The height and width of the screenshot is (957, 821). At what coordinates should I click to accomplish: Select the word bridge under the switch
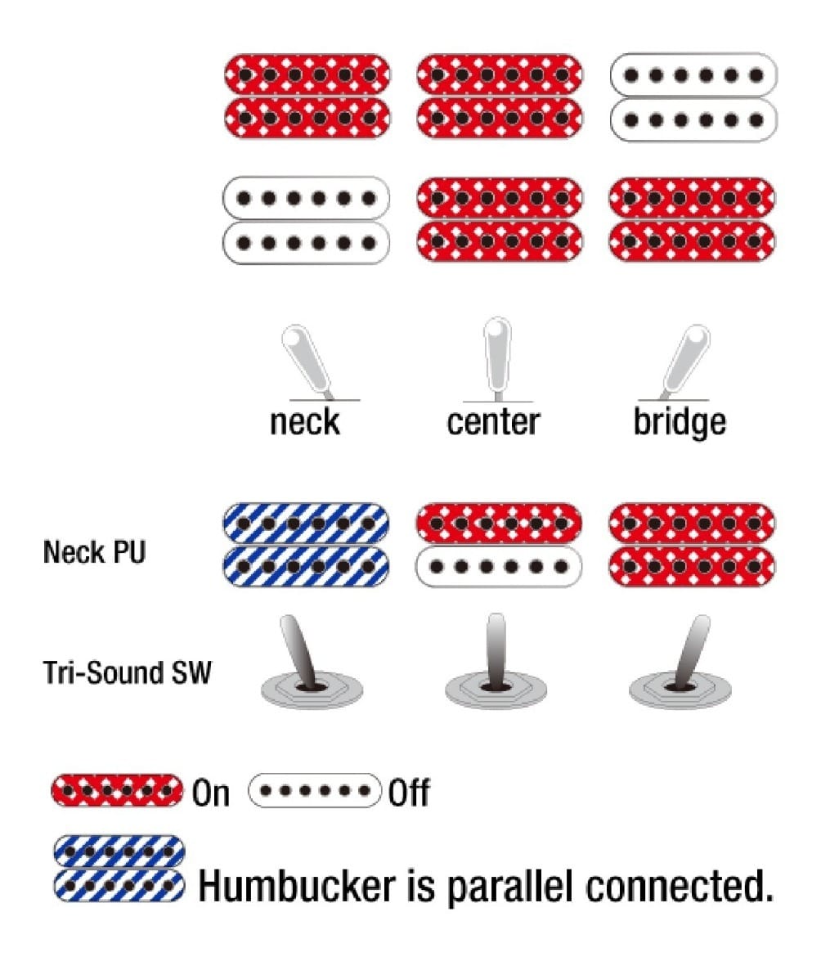click(x=680, y=422)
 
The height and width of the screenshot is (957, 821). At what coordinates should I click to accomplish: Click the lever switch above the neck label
click(x=304, y=361)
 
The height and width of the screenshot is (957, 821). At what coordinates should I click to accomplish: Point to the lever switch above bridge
click(x=682, y=359)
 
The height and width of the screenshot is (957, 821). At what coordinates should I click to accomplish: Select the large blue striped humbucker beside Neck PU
click(x=306, y=544)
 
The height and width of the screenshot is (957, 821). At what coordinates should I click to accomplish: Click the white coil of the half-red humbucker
click(x=499, y=565)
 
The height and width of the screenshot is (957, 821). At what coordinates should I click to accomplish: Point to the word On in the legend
click(x=211, y=793)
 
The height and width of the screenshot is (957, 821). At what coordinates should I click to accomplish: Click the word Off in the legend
click(x=409, y=793)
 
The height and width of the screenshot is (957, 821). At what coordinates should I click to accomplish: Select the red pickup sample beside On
click(x=117, y=791)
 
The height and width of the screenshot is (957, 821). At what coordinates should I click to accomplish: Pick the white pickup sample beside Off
click(x=315, y=791)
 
